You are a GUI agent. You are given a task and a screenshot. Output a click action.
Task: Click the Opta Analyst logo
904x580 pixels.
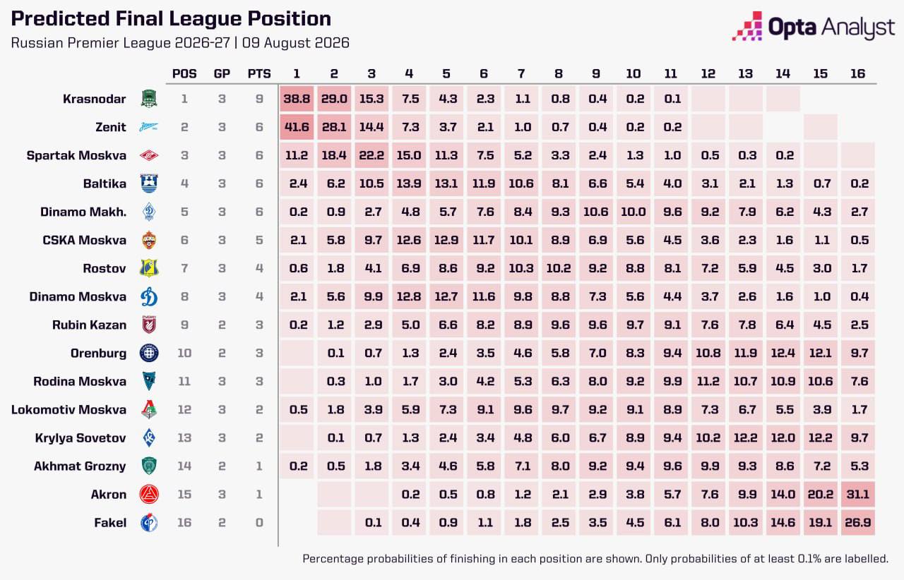pos(813,26)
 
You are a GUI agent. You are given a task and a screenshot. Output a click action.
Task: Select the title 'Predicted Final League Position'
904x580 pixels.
pos(171,18)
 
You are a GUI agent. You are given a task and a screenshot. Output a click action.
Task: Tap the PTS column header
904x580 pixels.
pos(259,74)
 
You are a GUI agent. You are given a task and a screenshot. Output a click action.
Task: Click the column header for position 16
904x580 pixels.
pos(857,74)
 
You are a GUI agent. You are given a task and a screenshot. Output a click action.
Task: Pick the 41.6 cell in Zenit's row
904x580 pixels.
pos(297,127)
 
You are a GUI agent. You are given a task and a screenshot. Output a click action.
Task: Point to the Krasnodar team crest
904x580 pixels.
pos(149,99)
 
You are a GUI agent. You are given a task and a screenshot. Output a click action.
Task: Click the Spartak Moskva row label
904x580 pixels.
pos(76,155)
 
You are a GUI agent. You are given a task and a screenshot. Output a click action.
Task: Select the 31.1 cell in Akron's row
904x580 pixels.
pos(858,494)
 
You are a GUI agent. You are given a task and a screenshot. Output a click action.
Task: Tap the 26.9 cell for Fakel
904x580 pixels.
pos(858,522)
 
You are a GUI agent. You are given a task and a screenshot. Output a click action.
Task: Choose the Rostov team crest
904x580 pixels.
pos(149,268)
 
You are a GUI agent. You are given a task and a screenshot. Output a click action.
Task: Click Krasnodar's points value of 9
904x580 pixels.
pos(259,99)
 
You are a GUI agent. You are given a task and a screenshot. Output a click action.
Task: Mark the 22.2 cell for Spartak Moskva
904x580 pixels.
pos(371,155)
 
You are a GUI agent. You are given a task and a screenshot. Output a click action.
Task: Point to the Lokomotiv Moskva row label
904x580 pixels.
pos(69,409)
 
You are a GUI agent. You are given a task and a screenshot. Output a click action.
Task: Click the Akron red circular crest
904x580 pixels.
pos(149,494)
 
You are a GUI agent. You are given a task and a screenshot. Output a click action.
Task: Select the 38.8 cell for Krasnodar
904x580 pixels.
pos(297,99)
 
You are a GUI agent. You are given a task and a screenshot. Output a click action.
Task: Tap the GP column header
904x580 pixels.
pos(222,74)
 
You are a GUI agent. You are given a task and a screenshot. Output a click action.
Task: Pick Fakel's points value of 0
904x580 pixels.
pos(259,522)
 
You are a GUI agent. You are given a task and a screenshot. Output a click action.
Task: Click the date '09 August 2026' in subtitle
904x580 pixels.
pos(296,43)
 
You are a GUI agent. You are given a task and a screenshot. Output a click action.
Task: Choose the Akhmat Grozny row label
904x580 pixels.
pos(80,466)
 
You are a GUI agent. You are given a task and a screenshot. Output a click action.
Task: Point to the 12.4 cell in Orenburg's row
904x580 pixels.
pos(783,353)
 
